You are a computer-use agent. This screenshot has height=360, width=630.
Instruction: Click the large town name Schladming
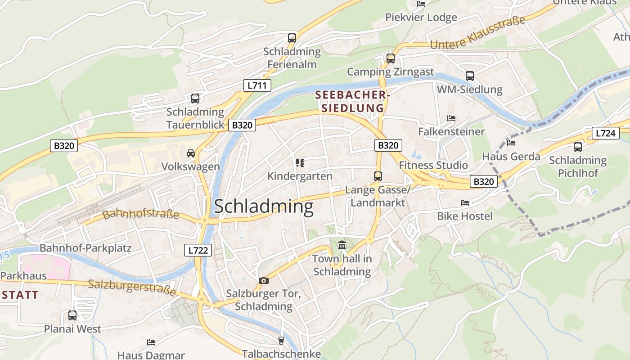point(263,207)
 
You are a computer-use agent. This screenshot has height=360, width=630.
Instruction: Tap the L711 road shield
point(257,85)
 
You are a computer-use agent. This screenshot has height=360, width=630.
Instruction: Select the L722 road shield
point(198,250)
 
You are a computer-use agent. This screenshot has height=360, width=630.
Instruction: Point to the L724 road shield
point(605,133)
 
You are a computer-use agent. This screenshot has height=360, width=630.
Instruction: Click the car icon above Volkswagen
point(191,153)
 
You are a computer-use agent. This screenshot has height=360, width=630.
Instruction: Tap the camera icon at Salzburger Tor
point(264,280)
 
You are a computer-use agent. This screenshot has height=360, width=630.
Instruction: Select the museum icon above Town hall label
point(342,246)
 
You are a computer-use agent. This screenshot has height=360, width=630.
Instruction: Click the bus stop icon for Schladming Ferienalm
point(292,38)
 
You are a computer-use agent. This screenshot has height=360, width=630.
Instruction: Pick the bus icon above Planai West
point(72,315)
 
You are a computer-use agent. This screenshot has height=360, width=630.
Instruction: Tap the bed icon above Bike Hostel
point(465,203)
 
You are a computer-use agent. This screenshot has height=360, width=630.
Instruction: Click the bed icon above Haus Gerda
point(511,143)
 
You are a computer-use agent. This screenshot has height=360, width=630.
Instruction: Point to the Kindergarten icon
point(300,162)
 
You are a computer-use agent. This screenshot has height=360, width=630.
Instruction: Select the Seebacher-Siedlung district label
point(352,102)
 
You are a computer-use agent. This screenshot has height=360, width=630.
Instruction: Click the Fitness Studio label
point(433,165)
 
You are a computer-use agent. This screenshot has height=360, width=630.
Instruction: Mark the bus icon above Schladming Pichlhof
point(578,147)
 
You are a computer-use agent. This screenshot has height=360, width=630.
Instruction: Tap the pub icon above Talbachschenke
point(281,341)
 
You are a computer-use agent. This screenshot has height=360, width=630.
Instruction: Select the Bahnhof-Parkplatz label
point(85,248)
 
